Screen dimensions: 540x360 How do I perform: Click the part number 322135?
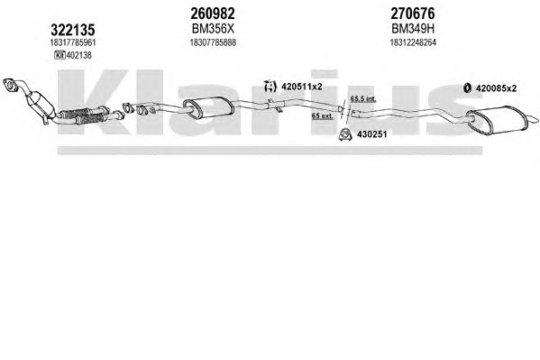tap(73, 30)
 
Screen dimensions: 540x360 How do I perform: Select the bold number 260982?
tap(213, 14)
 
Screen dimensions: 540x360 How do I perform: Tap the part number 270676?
tap(413, 14)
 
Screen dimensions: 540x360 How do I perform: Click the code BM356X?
tap(213, 29)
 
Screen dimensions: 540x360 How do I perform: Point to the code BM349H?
tap(413, 29)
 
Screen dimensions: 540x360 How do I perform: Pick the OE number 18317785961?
tap(73, 42)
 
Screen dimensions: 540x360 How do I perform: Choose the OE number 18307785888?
tap(213, 42)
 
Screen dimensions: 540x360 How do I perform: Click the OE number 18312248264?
tap(413, 42)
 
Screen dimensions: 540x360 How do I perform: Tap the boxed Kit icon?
tap(59, 55)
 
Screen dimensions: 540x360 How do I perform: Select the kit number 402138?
tap(78, 55)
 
